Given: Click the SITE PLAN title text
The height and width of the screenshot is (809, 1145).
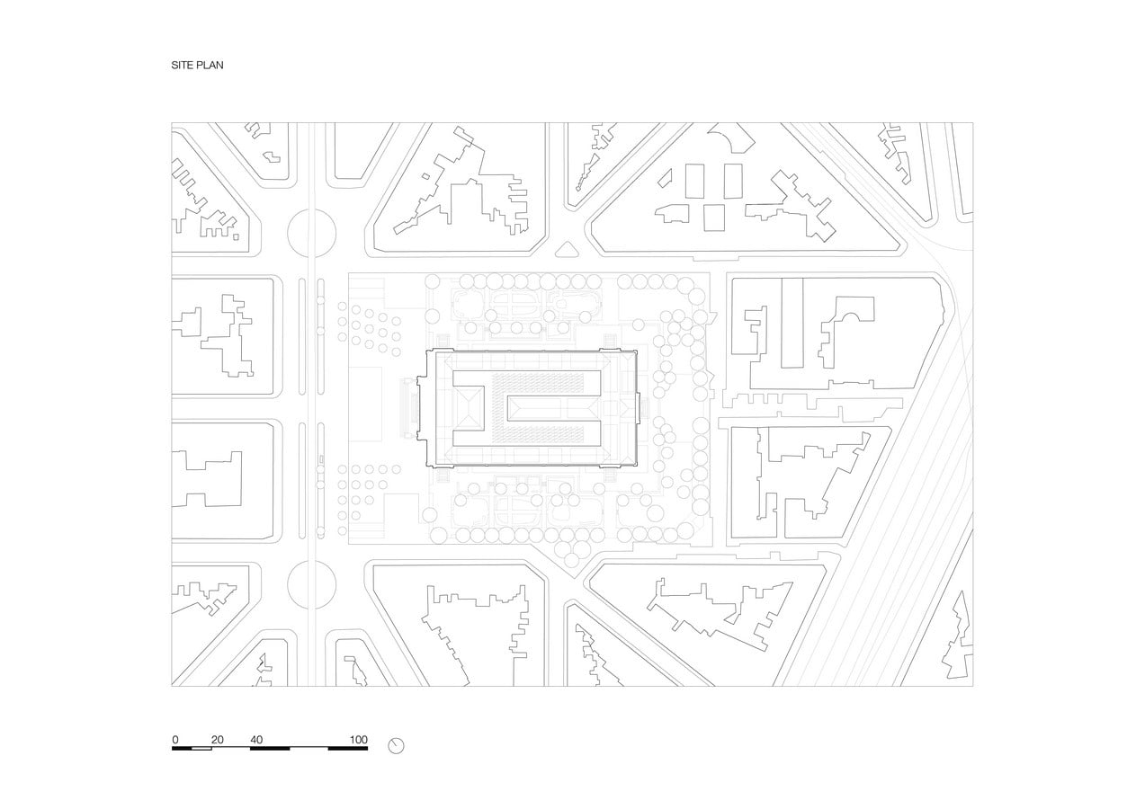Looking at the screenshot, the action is [197, 66].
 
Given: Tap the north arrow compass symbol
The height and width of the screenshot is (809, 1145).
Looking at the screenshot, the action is [396, 746].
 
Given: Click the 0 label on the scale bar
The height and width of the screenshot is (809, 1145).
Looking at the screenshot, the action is [175, 740].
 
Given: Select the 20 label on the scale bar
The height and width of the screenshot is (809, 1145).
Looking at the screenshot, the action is [218, 740].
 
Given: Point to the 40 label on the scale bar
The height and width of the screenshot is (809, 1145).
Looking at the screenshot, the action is [256, 740].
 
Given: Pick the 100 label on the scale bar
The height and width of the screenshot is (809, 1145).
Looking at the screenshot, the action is [358, 740].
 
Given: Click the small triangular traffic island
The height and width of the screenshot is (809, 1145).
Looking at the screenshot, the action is [567, 249].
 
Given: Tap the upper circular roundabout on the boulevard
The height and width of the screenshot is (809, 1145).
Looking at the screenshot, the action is [312, 233].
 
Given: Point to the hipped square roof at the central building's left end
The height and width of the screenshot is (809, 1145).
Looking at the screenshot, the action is [469, 409].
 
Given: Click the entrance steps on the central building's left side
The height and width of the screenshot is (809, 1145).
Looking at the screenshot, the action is [409, 408].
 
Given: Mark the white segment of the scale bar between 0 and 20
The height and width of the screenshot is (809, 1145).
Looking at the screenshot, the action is [201, 749].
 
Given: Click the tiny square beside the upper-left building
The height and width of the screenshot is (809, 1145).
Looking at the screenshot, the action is [236, 237].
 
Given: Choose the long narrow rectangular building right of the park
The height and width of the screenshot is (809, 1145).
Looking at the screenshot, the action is [792, 323].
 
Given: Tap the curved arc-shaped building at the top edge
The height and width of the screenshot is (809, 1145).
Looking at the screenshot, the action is [732, 138].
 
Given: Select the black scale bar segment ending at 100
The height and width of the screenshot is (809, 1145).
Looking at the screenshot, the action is [347, 749].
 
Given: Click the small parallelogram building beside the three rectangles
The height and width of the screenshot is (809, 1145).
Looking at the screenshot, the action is [665, 178].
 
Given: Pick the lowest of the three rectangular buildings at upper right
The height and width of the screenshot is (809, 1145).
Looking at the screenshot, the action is [714, 218].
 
